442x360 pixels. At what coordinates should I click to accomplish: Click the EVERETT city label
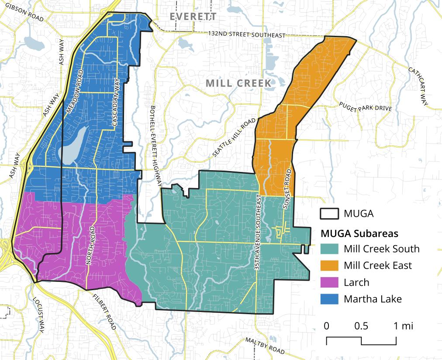[x=193, y=17]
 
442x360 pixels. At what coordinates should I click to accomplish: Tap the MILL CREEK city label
[x=238, y=83]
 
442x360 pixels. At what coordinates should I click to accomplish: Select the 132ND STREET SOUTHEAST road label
[x=246, y=34]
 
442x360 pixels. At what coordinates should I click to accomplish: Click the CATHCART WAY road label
[x=418, y=86]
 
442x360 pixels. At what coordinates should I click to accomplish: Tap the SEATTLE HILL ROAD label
[x=234, y=137]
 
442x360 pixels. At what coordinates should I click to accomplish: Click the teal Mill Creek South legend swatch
[x=329, y=249]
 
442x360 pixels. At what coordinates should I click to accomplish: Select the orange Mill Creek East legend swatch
[x=329, y=265]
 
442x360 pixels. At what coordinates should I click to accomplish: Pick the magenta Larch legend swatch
[x=329, y=282]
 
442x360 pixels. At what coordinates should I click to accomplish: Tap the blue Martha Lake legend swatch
[x=329, y=299]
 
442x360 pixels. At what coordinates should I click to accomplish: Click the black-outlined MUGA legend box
[x=329, y=214]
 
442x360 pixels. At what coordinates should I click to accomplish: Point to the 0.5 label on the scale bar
[x=361, y=326]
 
